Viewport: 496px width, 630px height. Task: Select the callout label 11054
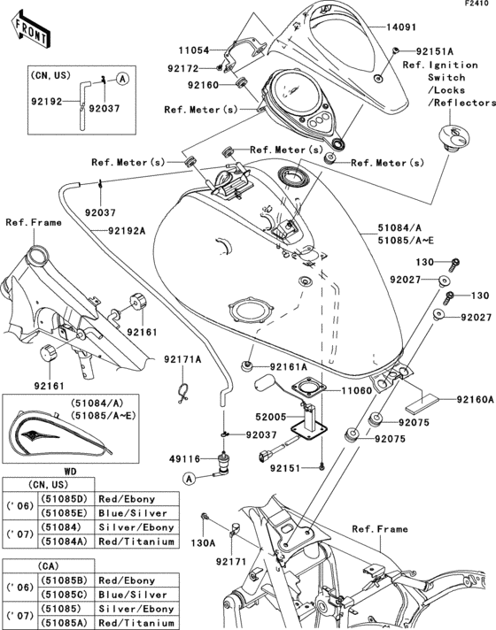point(200,52)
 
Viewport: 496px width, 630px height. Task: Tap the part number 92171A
point(182,358)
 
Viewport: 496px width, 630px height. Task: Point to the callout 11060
point(358,389)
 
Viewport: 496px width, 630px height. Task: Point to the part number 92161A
point(289,365)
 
